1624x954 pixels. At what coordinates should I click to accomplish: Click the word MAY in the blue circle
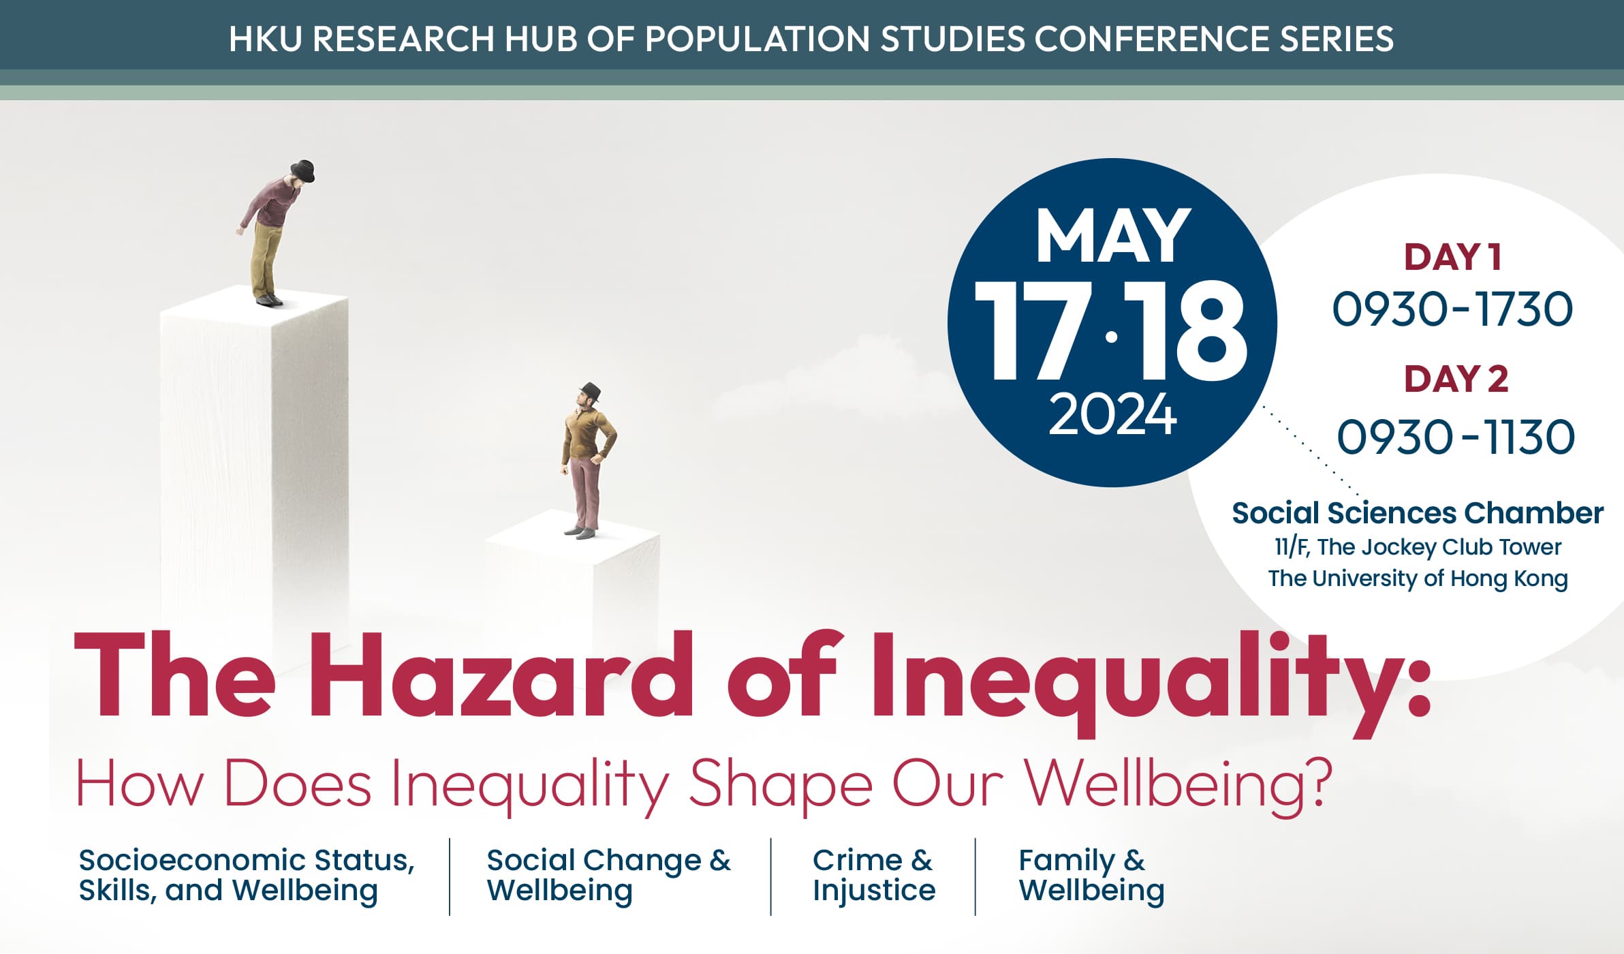[x=1113, y=236]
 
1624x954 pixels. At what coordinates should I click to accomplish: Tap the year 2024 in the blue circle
[x=1112, y=414]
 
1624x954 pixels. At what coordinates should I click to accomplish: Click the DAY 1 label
[x=1452, y=258]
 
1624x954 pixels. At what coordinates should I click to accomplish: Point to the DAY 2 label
[x=1456, y=379]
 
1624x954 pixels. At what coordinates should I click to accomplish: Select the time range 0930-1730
[x=1452, y=309]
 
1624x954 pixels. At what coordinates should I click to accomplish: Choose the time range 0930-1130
[x=1456, y=437]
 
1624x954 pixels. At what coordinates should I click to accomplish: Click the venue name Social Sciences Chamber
[x=1418, y=513]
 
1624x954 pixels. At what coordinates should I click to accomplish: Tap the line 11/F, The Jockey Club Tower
[x=1418, y=547]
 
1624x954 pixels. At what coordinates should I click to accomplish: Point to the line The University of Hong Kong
[x=1418, y=579]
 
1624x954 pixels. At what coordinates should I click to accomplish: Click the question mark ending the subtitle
[x=1313, y=782]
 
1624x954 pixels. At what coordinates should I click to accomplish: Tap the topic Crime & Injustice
[x=874, y=875]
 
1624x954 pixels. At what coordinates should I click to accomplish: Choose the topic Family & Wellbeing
[x=1091, y=875]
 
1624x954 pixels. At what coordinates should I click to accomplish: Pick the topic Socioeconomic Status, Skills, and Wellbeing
[x=247, y=875]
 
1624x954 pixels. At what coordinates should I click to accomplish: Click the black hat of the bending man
[x=303, y=170]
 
